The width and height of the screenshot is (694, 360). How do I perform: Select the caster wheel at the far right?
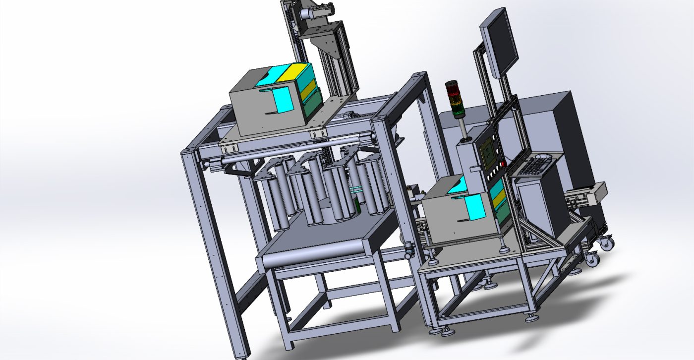(605, 243)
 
